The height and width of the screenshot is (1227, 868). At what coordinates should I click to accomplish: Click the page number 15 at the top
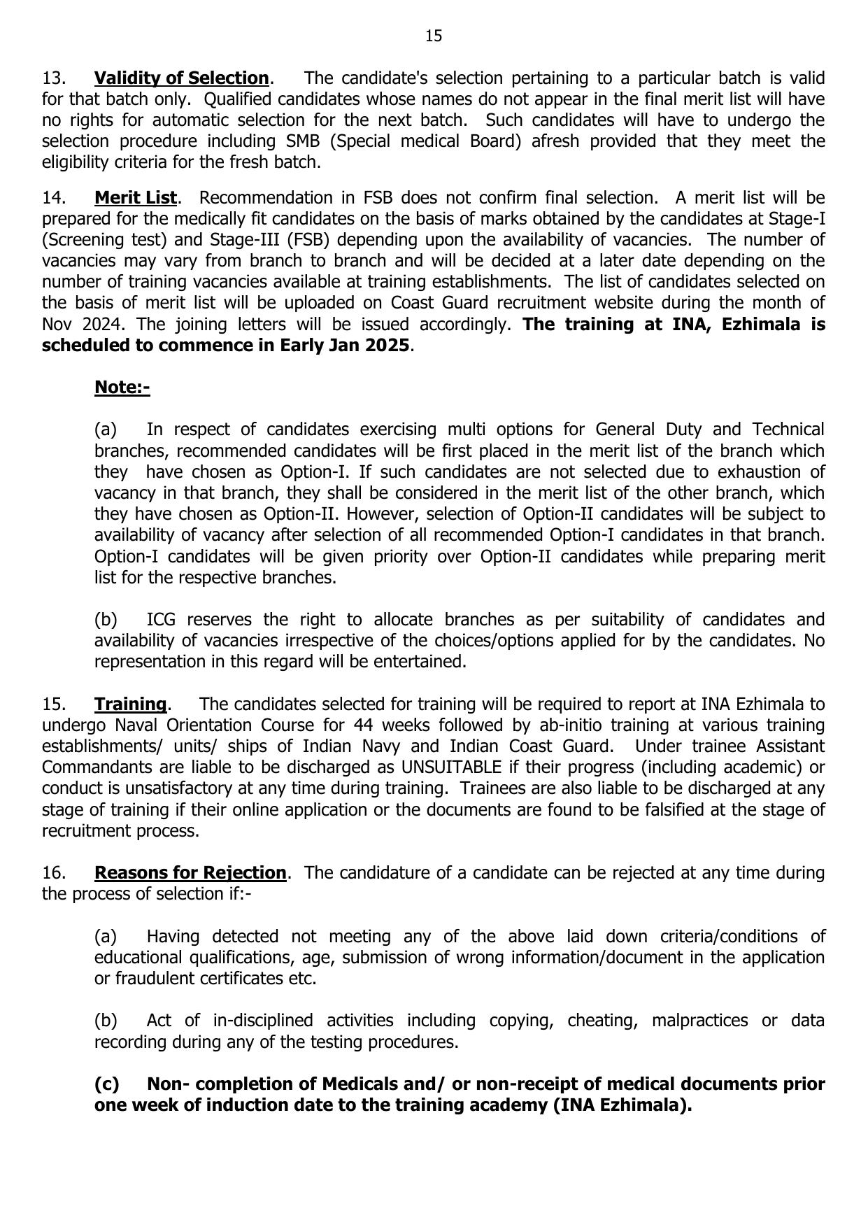[x=433, y=36]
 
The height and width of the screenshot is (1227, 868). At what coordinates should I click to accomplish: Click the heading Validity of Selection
[x=181, y=78]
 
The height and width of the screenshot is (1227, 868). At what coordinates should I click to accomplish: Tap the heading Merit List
[x=136, y=197]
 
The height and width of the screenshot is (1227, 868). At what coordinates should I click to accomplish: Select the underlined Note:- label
[x=122, y=387]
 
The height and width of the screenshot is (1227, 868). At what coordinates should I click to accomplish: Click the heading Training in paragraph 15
[x=130, y=704]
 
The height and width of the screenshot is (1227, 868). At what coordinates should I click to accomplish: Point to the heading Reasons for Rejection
[x=190, y=873]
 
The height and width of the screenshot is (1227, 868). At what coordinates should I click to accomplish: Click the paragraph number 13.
[x=53, y=78]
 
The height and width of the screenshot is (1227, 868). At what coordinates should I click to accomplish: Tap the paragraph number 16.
[x=53, y=873]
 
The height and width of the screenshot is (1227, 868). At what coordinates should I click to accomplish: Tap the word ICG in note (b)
[x=161, y=620]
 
